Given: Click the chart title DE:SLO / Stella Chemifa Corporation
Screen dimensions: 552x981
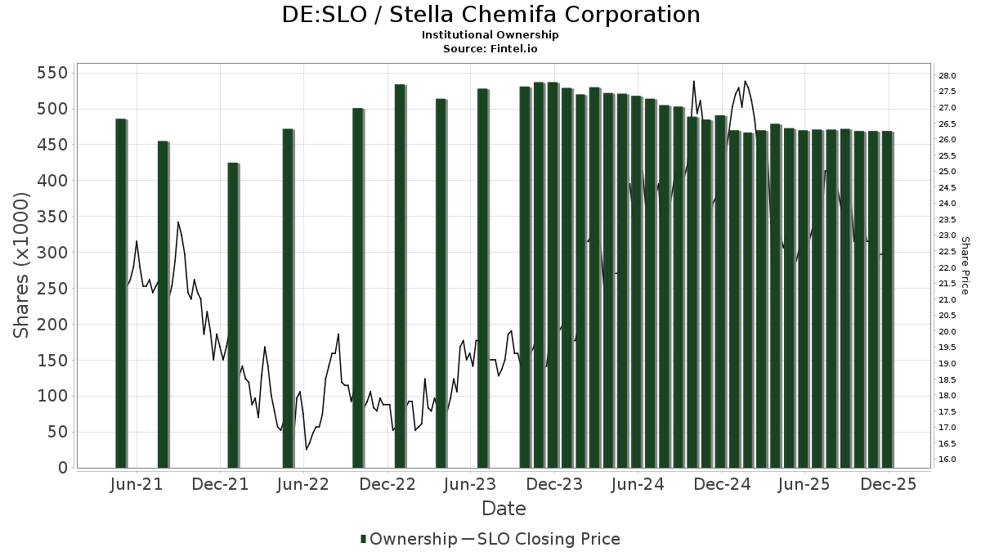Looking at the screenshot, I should tap(490, 15).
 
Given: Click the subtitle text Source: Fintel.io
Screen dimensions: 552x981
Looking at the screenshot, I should tap(490, 49).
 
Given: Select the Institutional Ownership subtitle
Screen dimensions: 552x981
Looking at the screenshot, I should tap(490, 35).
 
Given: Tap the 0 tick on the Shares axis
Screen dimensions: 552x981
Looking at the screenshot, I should tap(62, 469).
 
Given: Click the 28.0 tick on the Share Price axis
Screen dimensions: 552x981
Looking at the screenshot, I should tap(947, 76).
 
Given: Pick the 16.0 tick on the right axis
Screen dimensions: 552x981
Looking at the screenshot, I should tap(947, 460).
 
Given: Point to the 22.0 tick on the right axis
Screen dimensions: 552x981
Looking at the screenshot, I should tap(947, 268).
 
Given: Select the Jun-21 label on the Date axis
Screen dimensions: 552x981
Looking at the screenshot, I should tap(136, 485).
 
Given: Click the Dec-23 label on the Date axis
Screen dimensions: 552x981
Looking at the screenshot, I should tap(554, 485).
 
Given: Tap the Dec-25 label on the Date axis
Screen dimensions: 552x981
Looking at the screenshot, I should tap(889, 485).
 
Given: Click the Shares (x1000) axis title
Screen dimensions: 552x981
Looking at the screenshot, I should tap(22, 265).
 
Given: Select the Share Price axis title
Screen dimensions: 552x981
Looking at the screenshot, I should tap(965, 266).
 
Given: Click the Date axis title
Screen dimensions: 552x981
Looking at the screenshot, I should tap(504, 509).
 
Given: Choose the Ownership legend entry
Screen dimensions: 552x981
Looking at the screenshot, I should tap(409, 539).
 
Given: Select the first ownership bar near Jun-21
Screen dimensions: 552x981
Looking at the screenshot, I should tap(120, 293).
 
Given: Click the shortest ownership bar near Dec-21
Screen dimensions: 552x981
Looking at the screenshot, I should tap(232, 315).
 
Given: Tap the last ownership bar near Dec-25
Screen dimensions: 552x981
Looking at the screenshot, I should tap(887, 299).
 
